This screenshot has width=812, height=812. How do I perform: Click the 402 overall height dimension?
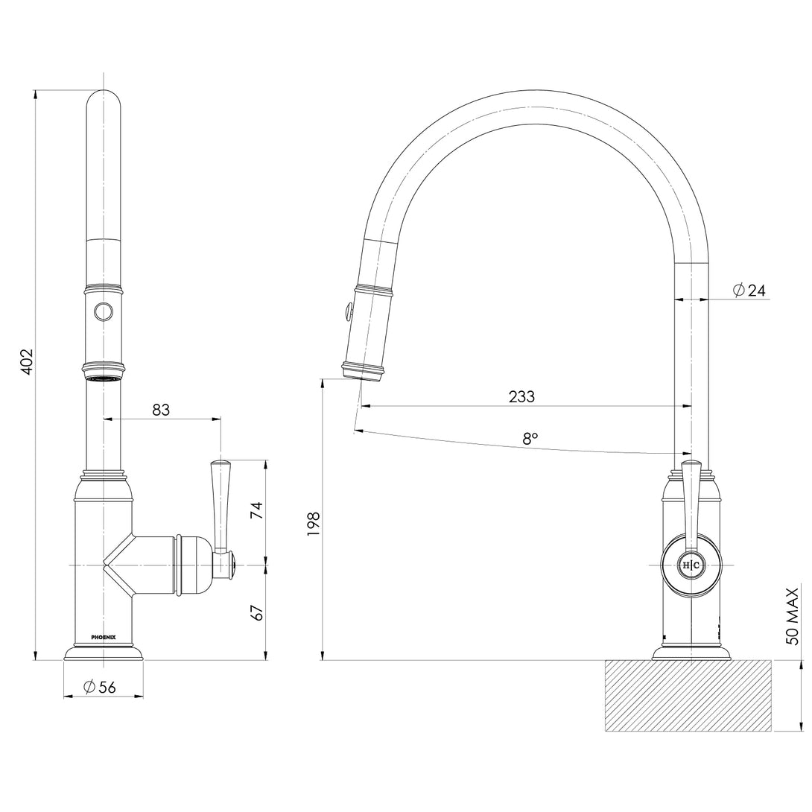coord(26,361)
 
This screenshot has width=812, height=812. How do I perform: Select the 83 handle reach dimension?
coord(161,409)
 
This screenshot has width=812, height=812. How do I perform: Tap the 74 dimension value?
coord(256,510)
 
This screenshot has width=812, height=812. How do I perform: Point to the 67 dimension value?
coord(256,613)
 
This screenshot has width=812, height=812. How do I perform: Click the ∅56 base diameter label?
coord(100,687)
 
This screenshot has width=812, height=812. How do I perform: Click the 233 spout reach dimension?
coord(521,397)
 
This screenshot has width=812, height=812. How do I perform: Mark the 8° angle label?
coord(530,439)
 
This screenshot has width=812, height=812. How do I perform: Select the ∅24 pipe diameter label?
coord(749,291)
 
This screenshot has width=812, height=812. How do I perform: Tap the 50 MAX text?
coord(792,615)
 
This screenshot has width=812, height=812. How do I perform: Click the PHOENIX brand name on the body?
coord(104,637)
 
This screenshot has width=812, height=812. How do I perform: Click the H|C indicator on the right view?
coord(691,565)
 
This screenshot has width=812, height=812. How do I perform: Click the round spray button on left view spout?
coord(103,313)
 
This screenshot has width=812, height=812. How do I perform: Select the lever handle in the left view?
coord(221,507)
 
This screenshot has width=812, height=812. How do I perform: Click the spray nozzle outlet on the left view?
coord(103,379)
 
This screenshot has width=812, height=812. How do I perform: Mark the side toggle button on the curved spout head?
coord(345,309)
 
